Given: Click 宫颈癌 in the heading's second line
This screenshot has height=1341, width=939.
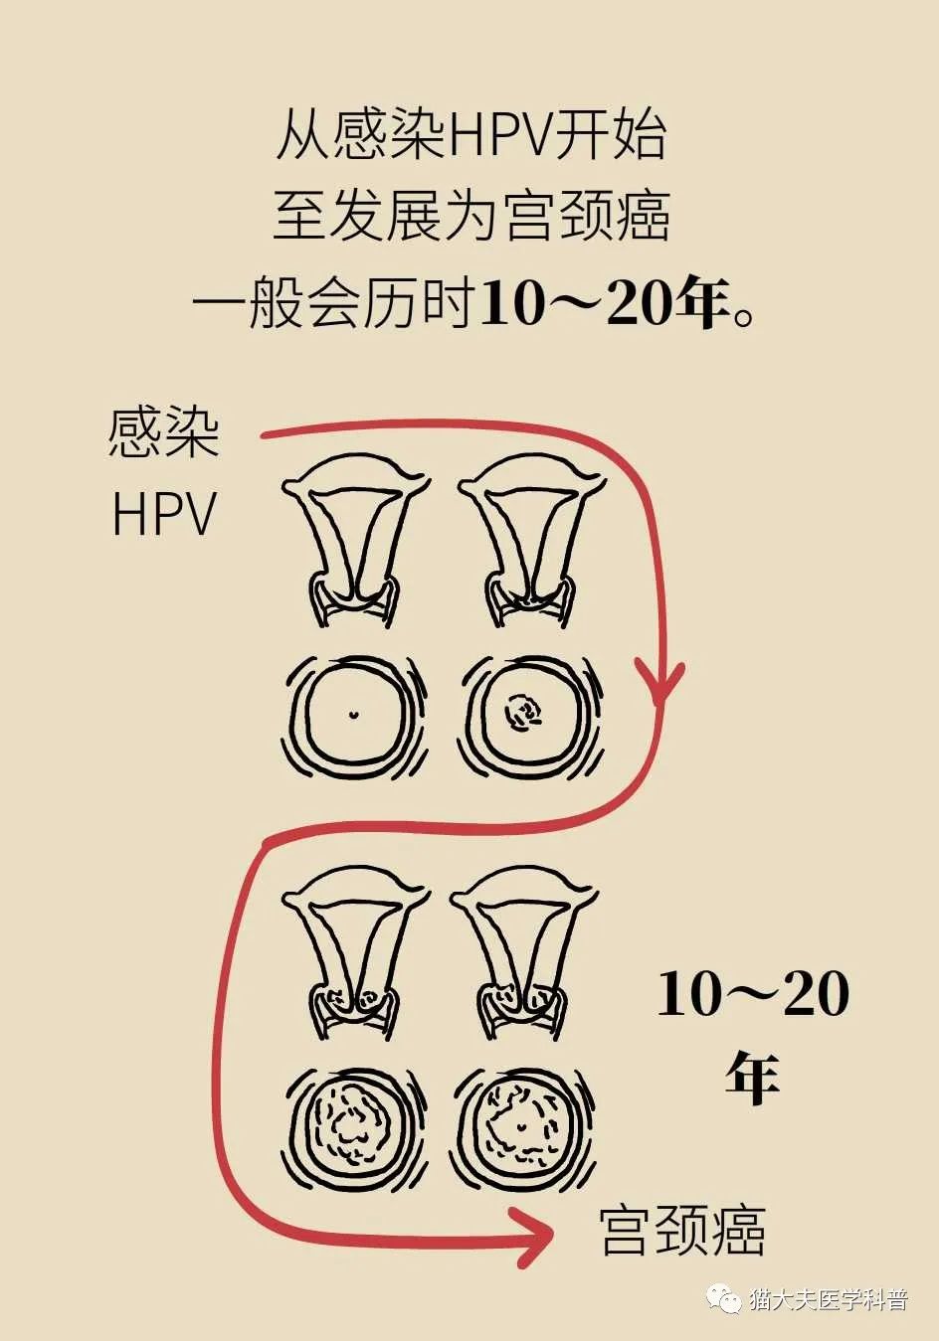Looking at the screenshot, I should point(587,217).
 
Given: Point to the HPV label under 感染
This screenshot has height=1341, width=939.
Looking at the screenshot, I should point(163,515).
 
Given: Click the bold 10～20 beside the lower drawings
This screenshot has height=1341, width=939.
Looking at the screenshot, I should point(753,994).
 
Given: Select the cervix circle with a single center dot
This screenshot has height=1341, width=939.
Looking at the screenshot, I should point(353,714).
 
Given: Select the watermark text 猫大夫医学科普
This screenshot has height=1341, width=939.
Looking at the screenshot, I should point(828,1299).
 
